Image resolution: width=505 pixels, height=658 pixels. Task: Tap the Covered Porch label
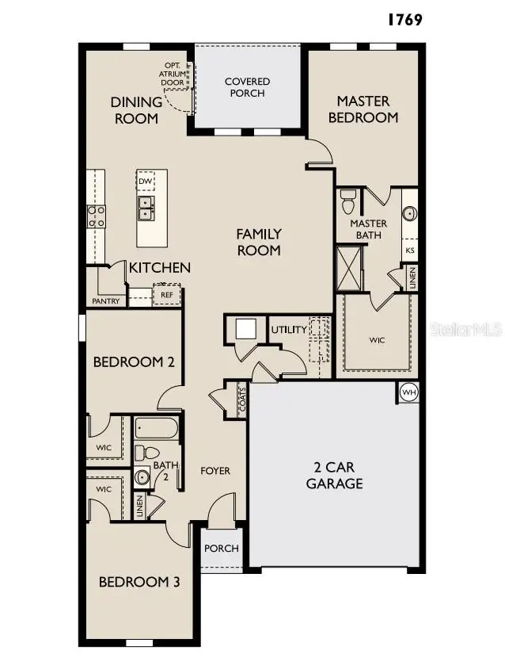247,87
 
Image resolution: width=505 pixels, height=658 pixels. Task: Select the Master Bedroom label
363,109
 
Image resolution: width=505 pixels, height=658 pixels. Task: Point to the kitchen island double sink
146,208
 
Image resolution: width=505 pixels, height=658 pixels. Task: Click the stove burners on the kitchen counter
97,216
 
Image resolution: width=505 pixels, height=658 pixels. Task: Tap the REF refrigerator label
166,295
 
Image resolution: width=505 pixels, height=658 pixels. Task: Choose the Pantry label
105,301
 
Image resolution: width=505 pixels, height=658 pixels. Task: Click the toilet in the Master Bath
347,205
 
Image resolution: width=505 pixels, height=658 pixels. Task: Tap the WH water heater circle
408,392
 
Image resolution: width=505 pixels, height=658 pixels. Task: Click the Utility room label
288,330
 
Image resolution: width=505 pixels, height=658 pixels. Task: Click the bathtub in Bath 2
157,429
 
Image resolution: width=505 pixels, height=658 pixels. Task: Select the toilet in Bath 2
142,453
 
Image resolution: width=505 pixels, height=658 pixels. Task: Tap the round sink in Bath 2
142,477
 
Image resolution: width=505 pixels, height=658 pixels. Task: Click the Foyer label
215,471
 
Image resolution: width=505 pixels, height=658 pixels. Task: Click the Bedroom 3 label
139,582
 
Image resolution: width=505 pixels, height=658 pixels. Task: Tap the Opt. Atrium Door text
173,74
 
